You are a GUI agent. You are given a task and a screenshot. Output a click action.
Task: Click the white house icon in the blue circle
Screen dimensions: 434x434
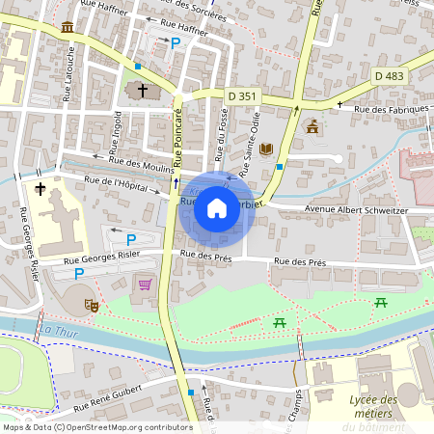click(217, 207)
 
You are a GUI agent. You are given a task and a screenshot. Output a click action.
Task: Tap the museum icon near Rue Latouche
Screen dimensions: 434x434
click(67, 26)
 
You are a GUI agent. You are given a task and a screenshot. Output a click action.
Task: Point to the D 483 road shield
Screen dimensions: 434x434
click(389, 75)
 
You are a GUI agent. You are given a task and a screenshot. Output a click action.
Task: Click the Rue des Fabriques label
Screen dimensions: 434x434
click(391, 109)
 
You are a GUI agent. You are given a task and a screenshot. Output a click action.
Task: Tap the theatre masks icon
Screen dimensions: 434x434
click(92, 305)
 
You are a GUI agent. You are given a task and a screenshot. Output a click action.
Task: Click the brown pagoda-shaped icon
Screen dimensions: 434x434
click(312, 126)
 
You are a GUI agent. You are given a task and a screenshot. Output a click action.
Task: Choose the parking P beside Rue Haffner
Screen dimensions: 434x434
click(175, 43)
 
